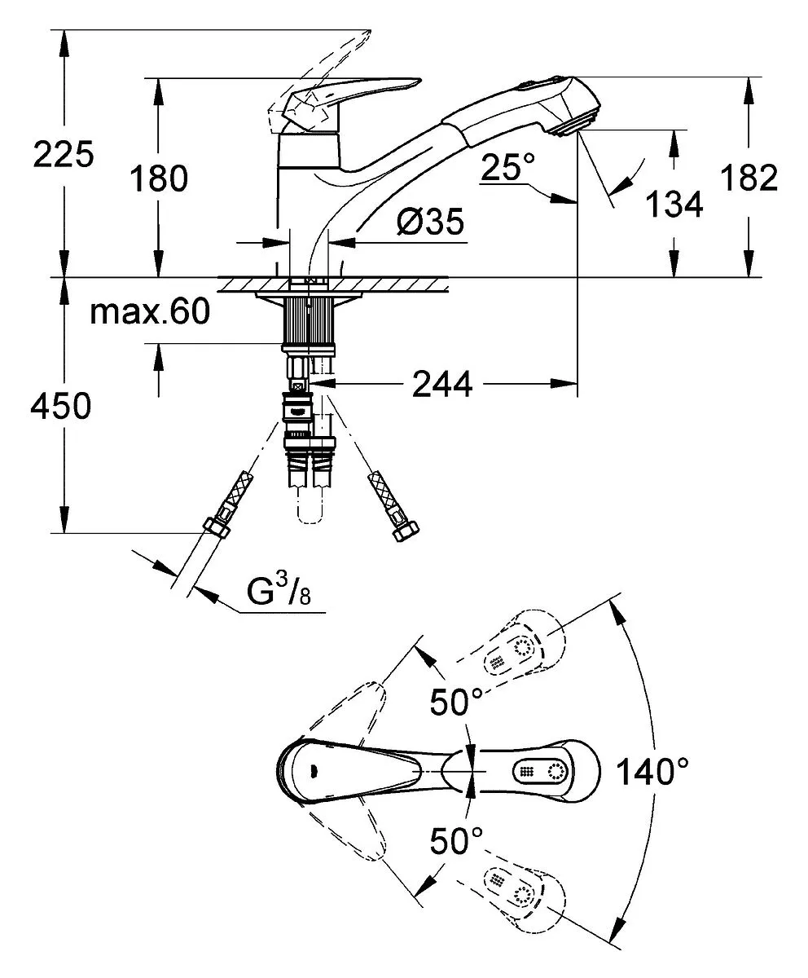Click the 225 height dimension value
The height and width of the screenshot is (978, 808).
(x=64, y=154)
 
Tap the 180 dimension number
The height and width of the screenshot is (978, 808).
(x=159, y=178)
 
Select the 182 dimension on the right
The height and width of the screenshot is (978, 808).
(x=749, y=178)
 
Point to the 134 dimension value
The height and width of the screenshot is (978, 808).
(x=674, y=205)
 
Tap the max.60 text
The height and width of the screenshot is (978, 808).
(x=150, y=312)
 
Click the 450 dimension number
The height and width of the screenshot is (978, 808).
(x=61, y=406)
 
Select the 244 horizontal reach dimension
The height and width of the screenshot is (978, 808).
(x=442, y=384)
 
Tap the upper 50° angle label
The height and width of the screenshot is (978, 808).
(x=456, y=702)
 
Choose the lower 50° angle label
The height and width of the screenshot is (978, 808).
(x=456, y=854)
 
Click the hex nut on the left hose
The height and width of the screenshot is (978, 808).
(x=217, y=528)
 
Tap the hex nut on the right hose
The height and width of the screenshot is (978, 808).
(x=406, y=532)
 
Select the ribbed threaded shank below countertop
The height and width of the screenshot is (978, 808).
(x=309, y=320)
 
